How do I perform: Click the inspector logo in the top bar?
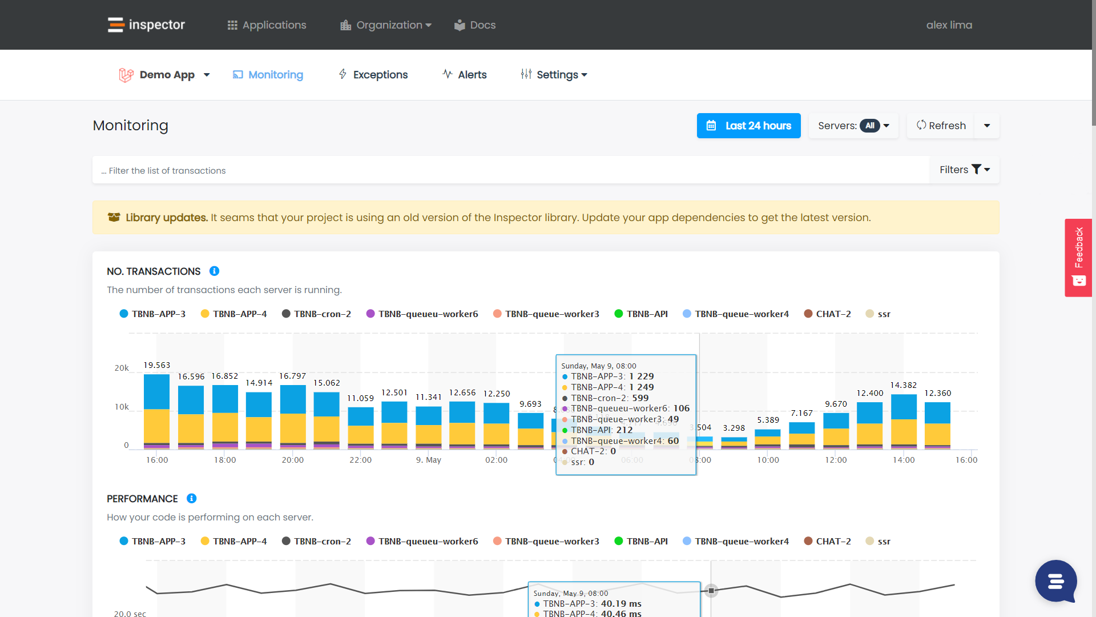click(x=146, y=25)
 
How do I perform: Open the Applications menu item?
click(x=267, y=25)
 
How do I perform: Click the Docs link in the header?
click(x=475, y=25)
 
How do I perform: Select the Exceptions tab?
click(x=373, y=75)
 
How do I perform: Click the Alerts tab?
click(x=465, y=75)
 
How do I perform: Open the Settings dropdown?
click(x=554, y=75)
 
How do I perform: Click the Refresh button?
click(x=941, y=126)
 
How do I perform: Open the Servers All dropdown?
click(x=853, y=126)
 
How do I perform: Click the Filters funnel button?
click(x=964, y=170)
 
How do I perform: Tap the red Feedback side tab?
click(x=1078, y=257)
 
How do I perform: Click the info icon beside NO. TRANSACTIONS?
click(x=214, y=271)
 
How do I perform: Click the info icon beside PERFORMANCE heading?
click(x=192, y=499)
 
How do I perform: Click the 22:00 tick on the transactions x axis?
click(x=360, y=460)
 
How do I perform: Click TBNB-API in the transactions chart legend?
click(x=641, y=314)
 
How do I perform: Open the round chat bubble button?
click(x=1056, y=581)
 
